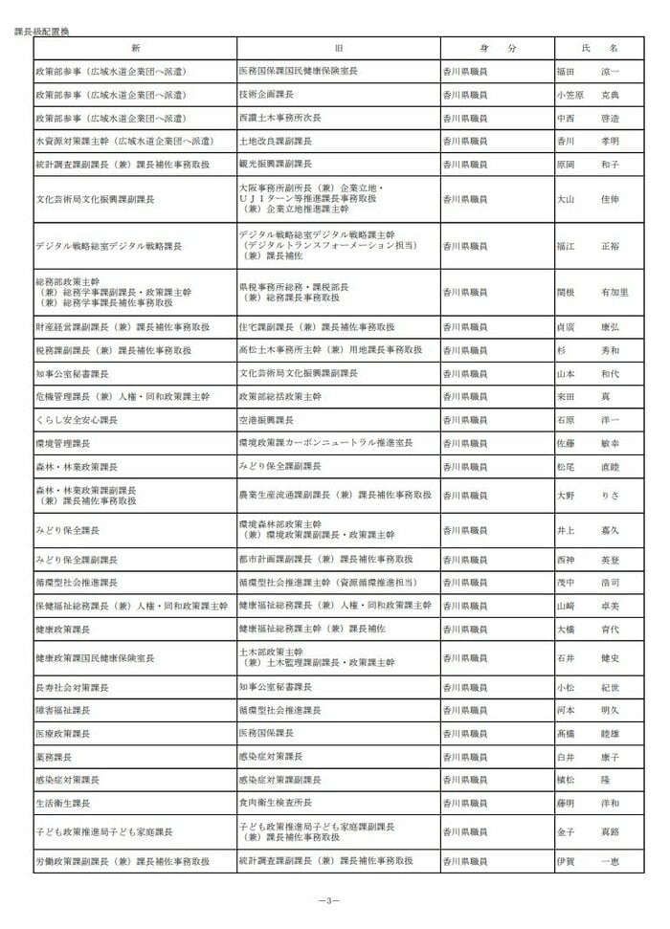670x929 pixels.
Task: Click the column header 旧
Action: tap(338, 48)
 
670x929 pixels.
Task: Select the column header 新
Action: tap(135, 48)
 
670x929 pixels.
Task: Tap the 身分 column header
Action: tap(498, 48)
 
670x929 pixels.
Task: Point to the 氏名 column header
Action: tap(600, 48)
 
